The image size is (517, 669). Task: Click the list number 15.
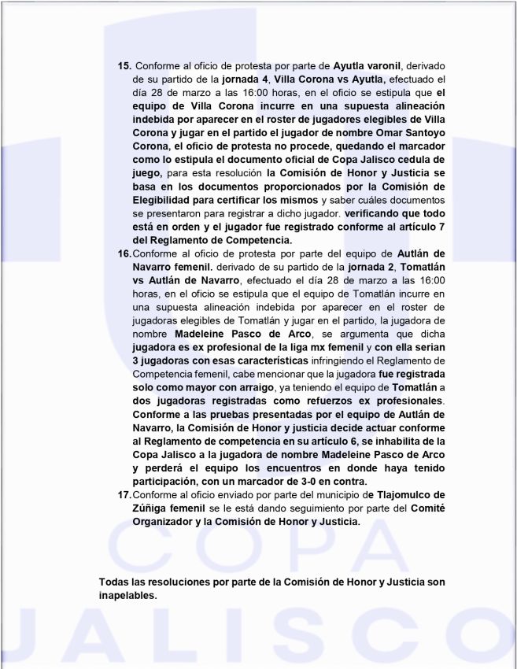[x=124, y=65]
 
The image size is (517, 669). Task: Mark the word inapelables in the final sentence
[x=128, y=595]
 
